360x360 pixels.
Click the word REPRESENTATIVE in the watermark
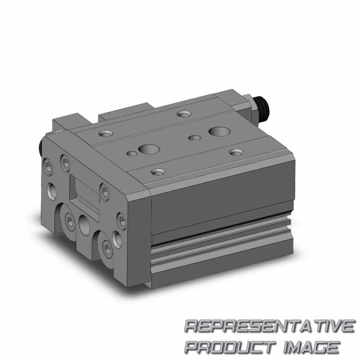pos(270,326)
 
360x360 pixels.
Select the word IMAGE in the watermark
pos(312,347)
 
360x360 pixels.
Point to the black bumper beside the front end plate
pos(39,148)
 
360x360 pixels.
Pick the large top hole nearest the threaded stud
pos(219,131)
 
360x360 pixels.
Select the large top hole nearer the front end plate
pos(149,150)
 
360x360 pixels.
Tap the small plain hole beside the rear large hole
pos(195,138)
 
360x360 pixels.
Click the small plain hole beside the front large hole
pos(132,153)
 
